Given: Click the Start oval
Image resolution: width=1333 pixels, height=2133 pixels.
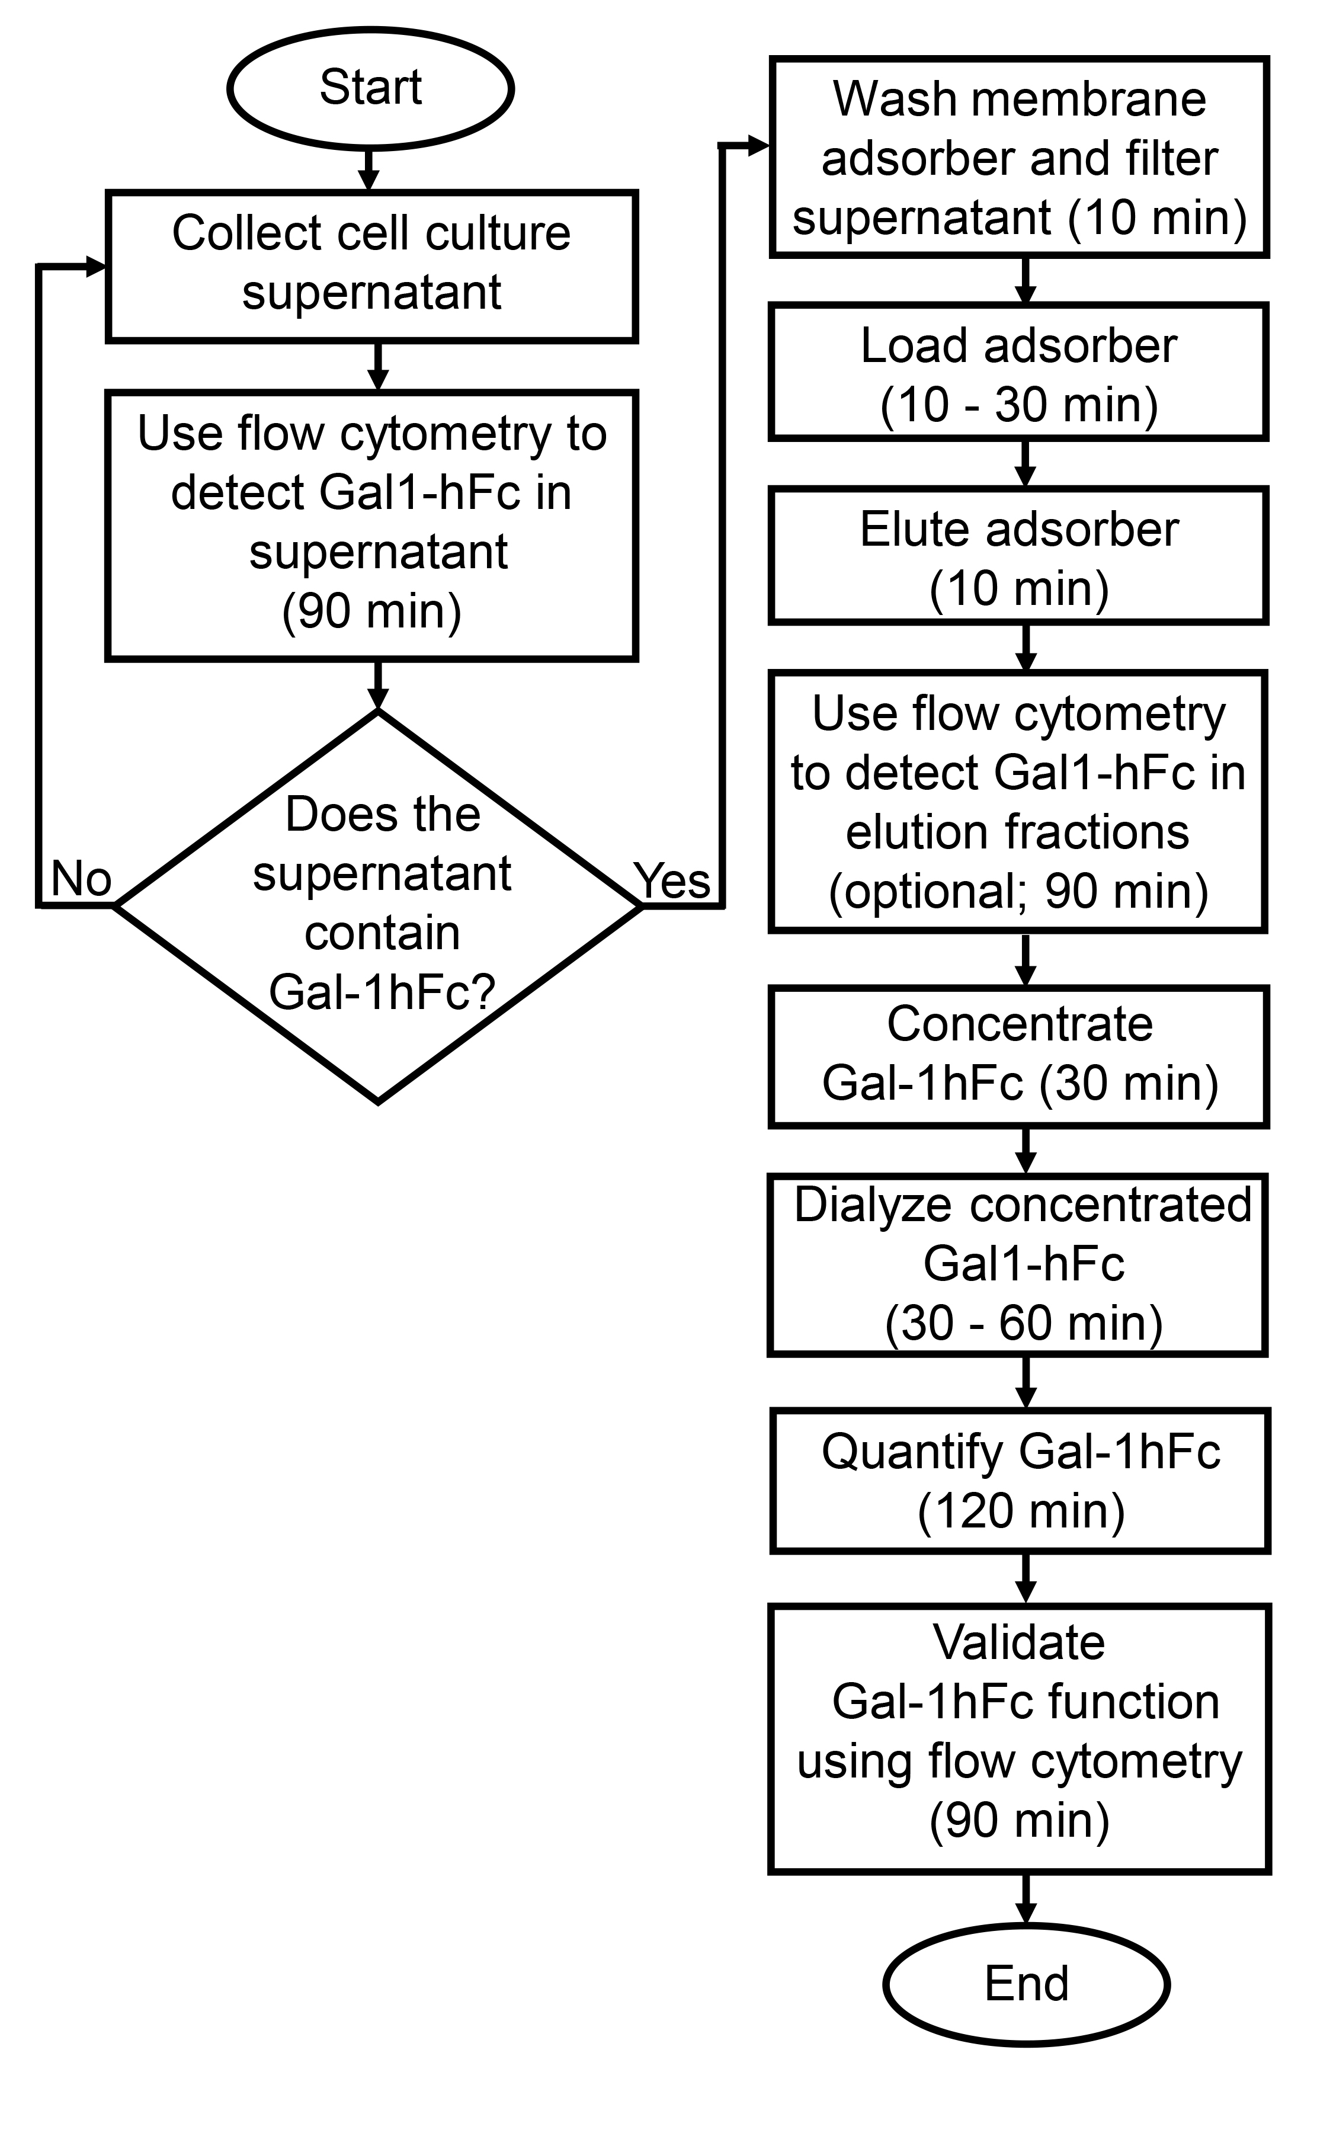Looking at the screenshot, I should (x=370, y=89).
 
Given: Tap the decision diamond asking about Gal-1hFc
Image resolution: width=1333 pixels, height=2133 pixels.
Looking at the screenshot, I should (x=378, y=905).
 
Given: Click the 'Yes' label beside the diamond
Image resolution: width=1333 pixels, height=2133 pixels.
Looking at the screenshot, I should (x=672, y=880).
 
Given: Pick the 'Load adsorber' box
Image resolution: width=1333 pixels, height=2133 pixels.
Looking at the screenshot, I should (x=1018, y=372).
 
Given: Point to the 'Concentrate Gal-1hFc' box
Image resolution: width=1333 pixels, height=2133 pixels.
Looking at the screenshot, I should (x=1019, y=1056).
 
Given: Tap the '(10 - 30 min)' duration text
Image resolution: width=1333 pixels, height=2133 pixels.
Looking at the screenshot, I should (x=1018, y=405).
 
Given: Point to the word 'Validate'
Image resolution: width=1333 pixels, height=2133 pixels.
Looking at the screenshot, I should (x=1019, y=1642).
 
